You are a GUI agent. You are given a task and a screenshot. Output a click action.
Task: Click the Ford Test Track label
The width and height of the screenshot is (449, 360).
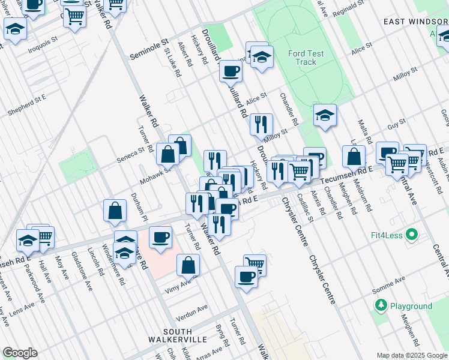306,58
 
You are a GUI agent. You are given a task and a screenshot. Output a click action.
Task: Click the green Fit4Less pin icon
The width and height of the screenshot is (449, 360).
411,234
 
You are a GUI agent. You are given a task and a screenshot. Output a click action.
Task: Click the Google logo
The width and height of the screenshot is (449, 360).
20,353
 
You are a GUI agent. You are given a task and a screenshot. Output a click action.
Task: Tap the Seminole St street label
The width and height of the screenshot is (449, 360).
149,50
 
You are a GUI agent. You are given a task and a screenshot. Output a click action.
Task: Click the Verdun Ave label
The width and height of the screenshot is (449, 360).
191,312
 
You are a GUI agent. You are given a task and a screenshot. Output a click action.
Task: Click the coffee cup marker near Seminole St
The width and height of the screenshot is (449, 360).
231,72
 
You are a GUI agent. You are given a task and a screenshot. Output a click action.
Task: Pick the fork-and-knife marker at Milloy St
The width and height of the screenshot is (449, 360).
261,125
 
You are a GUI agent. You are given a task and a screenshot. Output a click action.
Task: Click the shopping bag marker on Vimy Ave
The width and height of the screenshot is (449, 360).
188,264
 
